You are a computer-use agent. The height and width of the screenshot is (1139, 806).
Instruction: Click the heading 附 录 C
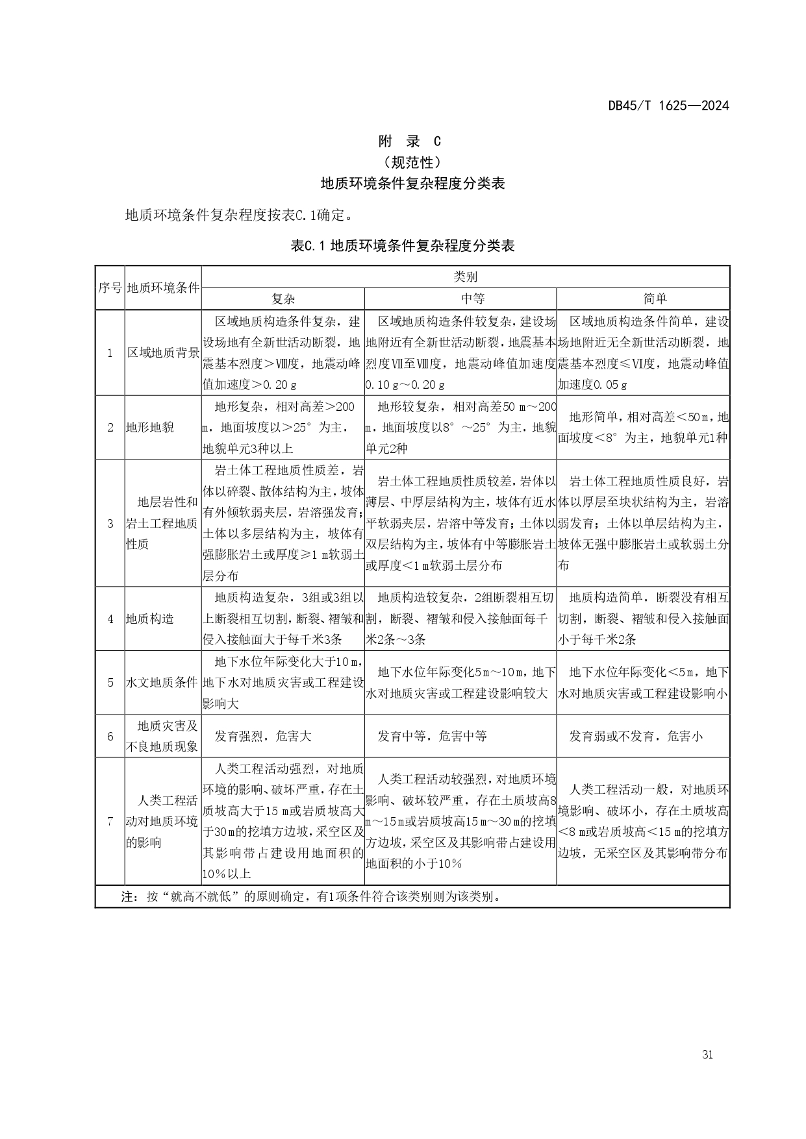click(409, 141)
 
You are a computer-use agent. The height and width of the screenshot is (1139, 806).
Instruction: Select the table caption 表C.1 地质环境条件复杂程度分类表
click(403, 246)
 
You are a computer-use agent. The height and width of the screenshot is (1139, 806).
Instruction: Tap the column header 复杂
click(283, 299)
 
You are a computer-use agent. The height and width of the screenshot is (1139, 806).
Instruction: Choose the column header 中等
click(460, 299)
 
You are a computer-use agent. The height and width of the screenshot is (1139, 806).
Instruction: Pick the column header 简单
click(643, 299)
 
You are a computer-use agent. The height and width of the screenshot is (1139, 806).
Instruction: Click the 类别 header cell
click(465, 277)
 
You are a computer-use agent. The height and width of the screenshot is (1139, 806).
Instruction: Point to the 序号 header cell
click(110, 288)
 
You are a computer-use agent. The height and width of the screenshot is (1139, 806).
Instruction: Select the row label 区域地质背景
click(163, 353)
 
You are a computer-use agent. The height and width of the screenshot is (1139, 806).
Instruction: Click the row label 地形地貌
click(150, 428)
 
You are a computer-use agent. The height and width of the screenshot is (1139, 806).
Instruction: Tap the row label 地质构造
click(150, 619)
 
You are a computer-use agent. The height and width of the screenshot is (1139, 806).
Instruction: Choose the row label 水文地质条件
click(163, 683)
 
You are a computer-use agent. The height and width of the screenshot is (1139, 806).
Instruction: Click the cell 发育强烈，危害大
click(263, 736)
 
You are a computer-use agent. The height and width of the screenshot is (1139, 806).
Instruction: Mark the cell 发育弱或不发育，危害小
click(636, 736)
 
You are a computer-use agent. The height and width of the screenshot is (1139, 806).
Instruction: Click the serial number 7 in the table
click(110, 821)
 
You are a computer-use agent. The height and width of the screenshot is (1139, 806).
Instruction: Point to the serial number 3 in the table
click(110, 523)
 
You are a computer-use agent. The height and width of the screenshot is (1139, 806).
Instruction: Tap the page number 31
click(707, 1055)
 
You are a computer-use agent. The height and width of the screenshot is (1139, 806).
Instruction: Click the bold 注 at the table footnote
click(129, 897)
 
